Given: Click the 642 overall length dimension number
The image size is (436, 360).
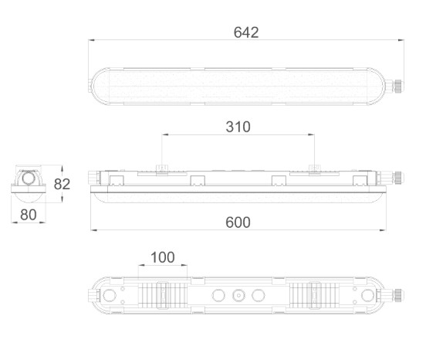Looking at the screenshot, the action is (246, 32).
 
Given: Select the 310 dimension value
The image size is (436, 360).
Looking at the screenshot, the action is (238, 127).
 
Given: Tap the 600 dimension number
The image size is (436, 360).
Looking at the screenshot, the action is (238, 222).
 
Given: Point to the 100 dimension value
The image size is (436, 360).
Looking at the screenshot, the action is (163, 257).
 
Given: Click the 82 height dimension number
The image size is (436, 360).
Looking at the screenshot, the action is (62, 184).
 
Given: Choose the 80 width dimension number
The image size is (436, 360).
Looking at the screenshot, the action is (29, 215).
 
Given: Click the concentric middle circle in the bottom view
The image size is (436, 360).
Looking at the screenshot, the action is (238, 295).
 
